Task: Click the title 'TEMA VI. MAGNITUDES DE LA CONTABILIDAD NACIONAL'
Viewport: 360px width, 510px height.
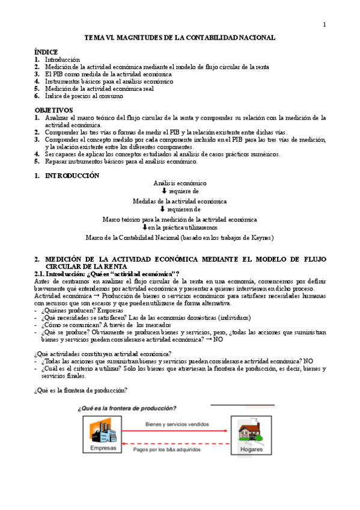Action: point(179,38)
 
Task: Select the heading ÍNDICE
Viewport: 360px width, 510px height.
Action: point(47,53)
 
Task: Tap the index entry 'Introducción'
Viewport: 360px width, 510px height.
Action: point(63,60)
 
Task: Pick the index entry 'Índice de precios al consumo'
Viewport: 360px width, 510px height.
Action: point(84,96)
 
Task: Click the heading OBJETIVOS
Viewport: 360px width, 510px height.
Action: point(53,111)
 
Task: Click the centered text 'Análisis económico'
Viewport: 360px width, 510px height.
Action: point(180,183)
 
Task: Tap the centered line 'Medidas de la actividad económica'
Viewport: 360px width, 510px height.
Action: point(180,201)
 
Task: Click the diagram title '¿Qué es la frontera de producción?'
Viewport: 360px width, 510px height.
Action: point(127,408)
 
